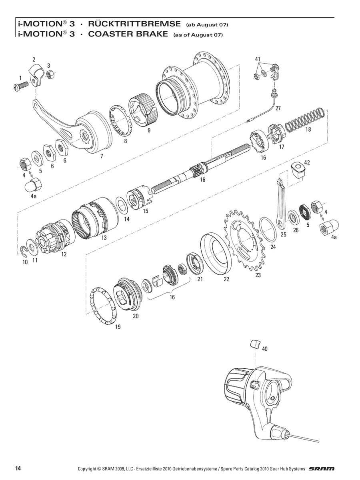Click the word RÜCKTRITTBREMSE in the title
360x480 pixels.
(134, 24)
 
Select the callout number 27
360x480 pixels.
(278, 108)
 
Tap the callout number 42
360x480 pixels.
(307, 162)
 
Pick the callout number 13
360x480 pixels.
(104, 238)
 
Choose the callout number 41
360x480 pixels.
(258, 59)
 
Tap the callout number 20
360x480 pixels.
(136, 316)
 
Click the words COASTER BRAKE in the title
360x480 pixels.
(128, 34)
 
